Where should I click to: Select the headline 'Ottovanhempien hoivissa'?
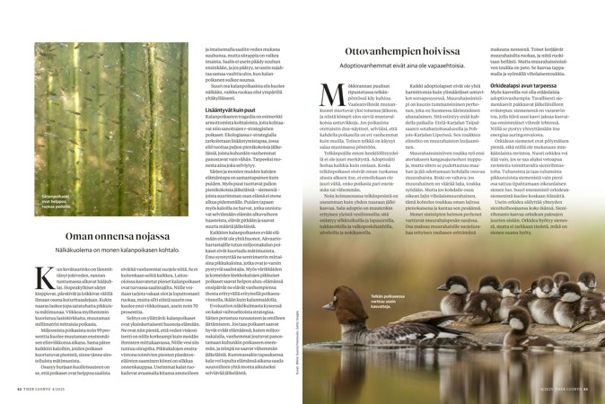tap(411, 53)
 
